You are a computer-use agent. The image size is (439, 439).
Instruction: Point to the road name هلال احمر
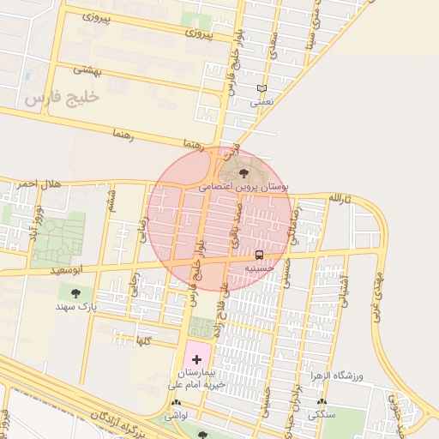point(39,183)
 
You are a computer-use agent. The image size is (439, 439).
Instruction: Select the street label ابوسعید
point(69,270)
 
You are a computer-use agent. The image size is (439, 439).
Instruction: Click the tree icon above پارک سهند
point(77,292)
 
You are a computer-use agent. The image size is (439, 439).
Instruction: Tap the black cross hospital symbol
point(196,358)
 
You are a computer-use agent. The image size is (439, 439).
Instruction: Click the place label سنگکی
point(322,414)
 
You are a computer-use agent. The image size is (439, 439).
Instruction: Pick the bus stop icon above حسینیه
point(259,256)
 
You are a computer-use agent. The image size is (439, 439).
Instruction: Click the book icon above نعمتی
point(262,88)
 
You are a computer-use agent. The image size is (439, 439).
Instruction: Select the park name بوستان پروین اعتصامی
point(244,185)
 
